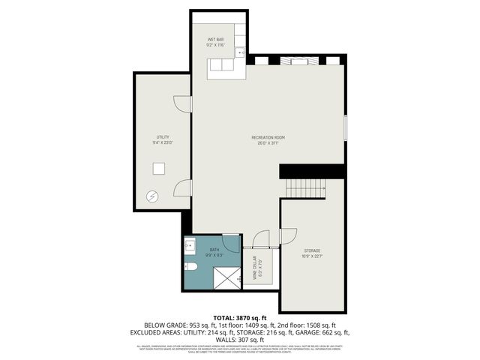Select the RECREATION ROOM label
[x=268, y=137]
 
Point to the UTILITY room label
[x=162, y=137]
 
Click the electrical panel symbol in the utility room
[x=153, y=196]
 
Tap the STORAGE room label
[x=312, y=250]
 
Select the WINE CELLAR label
[x=255, y=266]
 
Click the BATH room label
[x=214, y=250]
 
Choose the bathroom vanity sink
[x=189, y=244]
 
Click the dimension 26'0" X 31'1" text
[x=268, y=142]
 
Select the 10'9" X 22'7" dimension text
[x=312, y=255]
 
